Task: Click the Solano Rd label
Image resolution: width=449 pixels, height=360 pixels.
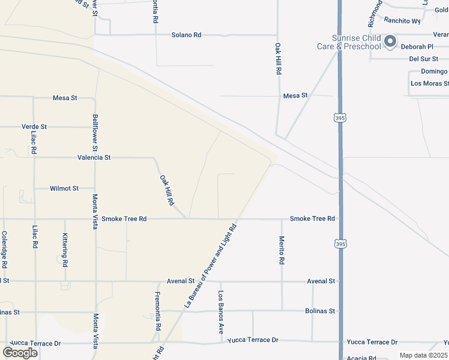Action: click(x=186, y=35)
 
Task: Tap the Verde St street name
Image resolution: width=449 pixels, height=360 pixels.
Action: click(x=34, y=127)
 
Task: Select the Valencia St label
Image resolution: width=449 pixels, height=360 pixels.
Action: click(x=94, y=158)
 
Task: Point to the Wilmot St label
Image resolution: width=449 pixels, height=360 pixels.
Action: click(x=64, y=188)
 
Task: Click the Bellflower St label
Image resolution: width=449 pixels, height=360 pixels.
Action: click(x=95, y=133)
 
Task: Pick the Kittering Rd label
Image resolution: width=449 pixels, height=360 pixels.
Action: click(x=65, y=251)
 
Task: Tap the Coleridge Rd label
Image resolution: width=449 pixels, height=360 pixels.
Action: click(x=4, y=250)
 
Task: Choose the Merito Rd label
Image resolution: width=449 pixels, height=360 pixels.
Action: click(x=282, y=250)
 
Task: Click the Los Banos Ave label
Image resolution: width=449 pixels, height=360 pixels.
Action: click(x=221, y=313)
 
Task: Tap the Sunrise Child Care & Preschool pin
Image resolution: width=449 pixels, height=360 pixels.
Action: click(x=390, y=41)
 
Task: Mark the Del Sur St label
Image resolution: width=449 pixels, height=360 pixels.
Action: click(x=424, y=59)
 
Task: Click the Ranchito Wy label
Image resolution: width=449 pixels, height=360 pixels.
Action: click(x=402, y=20)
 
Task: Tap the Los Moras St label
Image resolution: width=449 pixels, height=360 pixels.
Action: click(x=429, y=83)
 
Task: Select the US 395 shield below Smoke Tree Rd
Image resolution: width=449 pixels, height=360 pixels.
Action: click(x=340, y=244)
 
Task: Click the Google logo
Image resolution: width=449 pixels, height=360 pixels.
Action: click(x=20, y=352)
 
